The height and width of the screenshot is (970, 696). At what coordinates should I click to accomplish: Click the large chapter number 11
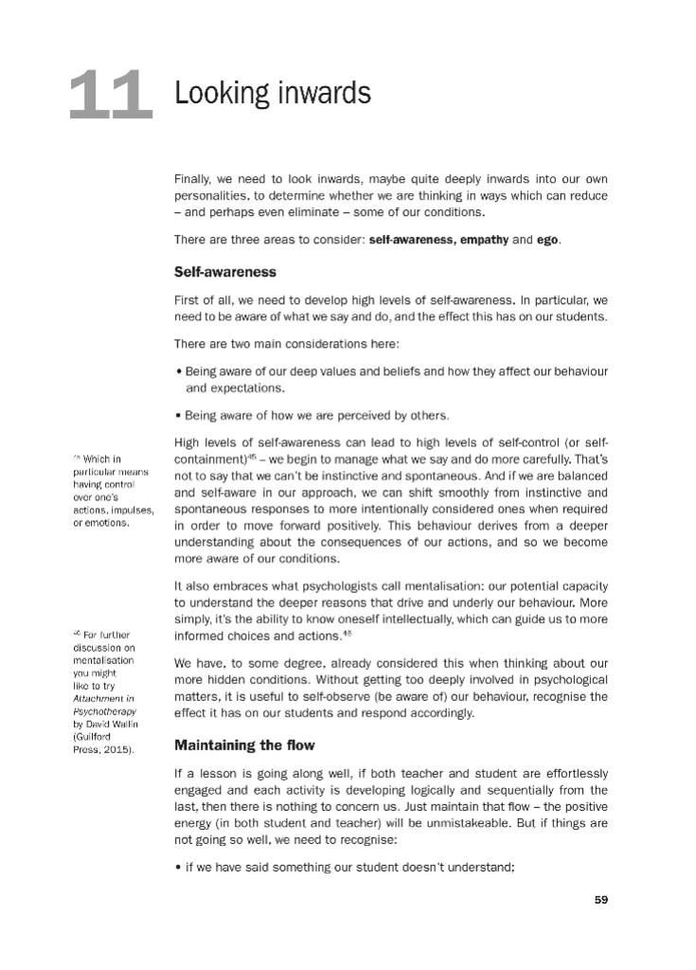tap(111, 96)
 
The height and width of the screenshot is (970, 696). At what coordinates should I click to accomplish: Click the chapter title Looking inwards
tap(272, 94)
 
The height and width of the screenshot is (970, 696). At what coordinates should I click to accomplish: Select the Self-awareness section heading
tap(224, 272)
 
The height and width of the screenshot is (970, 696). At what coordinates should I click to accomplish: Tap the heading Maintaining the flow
tap(244, 745)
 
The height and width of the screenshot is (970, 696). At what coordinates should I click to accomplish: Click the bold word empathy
tap(484, 240)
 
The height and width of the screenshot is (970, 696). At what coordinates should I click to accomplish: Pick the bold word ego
tap(547, 240)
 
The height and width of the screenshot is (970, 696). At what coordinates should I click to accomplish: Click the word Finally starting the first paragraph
tap(194, 178)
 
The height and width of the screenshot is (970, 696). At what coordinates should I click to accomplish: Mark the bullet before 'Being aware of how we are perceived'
tap(178, 416)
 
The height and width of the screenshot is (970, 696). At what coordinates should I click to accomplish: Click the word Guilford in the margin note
tap(98, 736)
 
